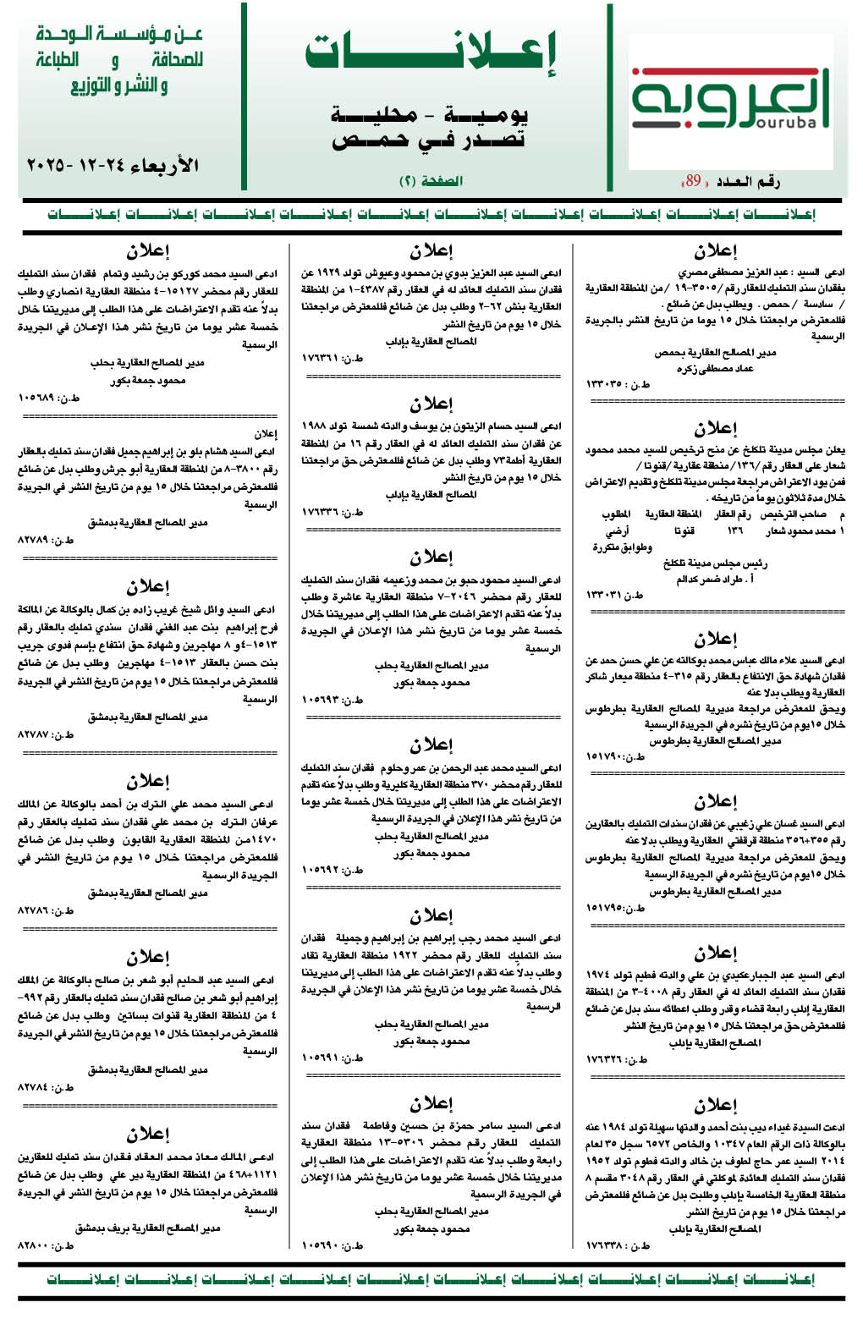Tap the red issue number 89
693,180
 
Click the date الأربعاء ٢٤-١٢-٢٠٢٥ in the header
113,164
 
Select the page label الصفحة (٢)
431,181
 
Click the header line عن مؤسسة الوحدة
119,35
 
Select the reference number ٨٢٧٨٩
47,540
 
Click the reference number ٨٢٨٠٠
47,1245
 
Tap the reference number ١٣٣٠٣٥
618,384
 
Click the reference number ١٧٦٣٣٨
618,1245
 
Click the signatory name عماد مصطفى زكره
715,368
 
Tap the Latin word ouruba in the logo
783,123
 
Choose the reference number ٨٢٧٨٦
47,910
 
